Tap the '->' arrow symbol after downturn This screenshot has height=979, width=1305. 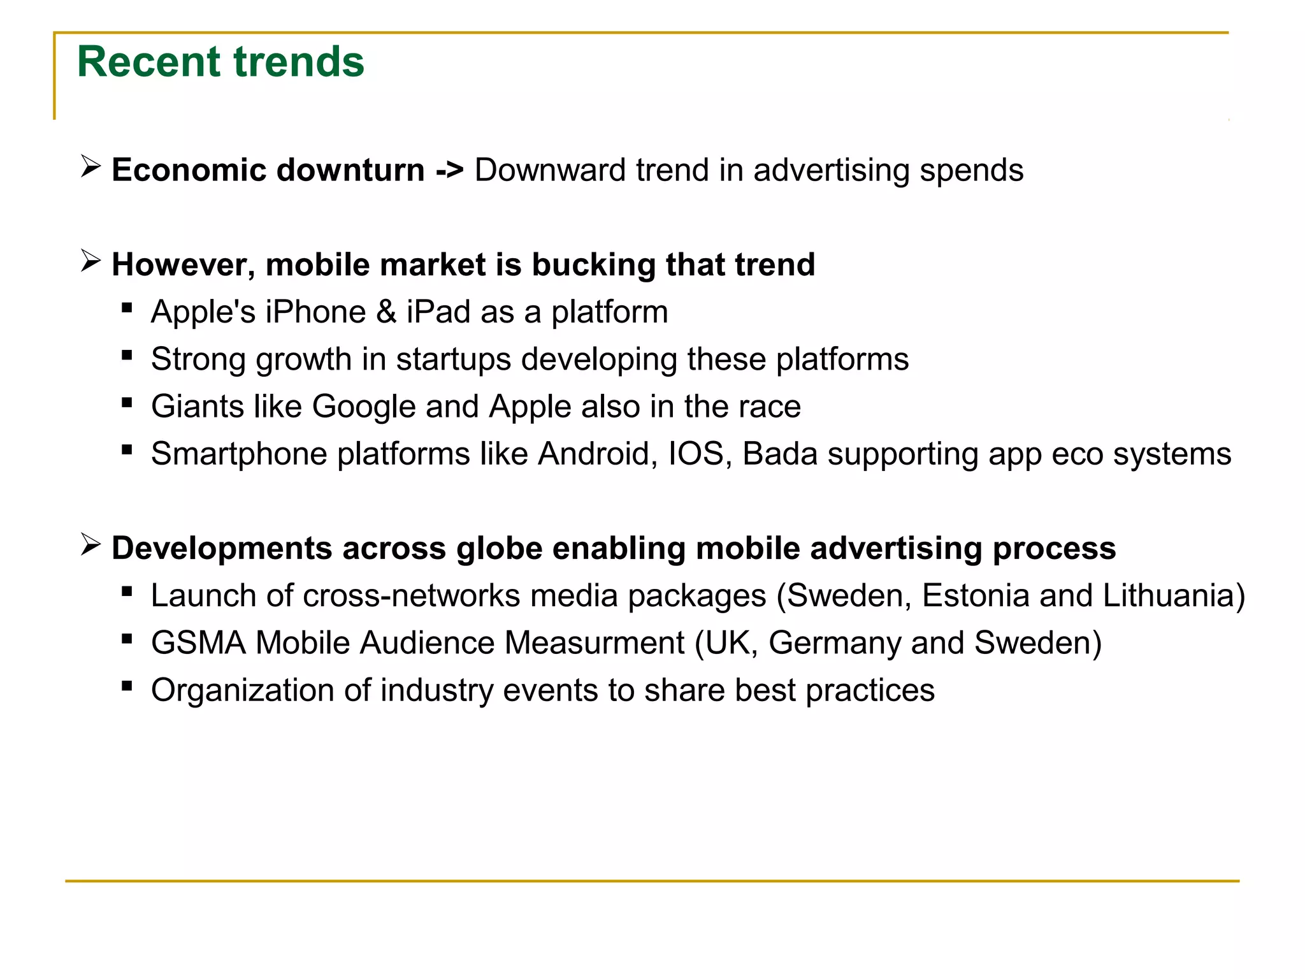[449, 171]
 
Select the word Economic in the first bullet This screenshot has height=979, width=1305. [188, 171]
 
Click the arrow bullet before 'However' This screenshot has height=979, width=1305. [90, 261]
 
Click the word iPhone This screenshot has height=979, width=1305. [315, 312]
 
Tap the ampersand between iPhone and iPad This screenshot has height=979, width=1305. [386, 312]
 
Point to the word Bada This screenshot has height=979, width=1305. [780, 454]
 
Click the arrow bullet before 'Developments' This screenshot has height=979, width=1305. [90, 545]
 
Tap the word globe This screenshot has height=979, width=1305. [499, 549]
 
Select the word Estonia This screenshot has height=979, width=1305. [976, 596]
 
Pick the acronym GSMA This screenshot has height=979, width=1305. [198, 643]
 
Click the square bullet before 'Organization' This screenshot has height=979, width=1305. [127, 686]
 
